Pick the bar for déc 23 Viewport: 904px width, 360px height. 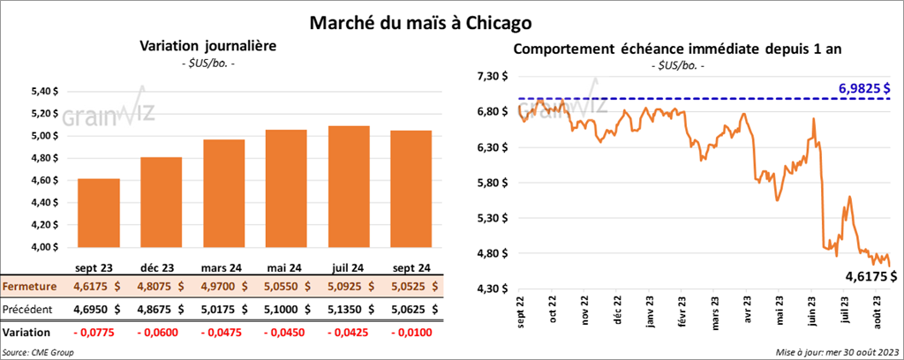162,204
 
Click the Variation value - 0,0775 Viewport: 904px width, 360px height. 99,332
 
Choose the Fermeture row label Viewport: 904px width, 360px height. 30,286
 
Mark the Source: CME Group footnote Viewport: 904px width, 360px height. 38,352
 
